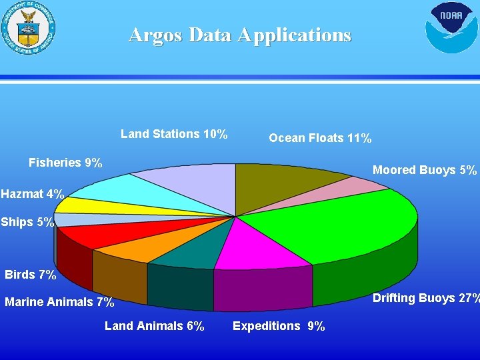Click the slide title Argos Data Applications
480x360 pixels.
pyautogui.click(x=239, y=34)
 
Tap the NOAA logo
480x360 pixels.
pyautogui.click(x=451, y=27)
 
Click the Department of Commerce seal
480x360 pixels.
pyautogui.click(x=28, y=27)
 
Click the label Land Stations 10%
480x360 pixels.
pyautogui.click(x=174, y=134)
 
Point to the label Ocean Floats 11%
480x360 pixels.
pyautogui.click(x=320, y=138)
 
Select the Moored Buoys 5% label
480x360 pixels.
pyautogui.click(x=425, y=170)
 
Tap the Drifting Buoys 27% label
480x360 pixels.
pyautogui.click(x=425, y=298)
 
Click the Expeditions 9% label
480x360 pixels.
pyautogui.click(x=279, y=326)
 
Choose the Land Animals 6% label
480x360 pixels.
pyautogui.click(x=155, y=326)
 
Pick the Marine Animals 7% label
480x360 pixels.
pyautogui.click(x=60, y=302)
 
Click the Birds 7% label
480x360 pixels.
pyautogui.click(x=31, y=275)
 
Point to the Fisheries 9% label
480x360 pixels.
pyautogui.click(x=65, y=163)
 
